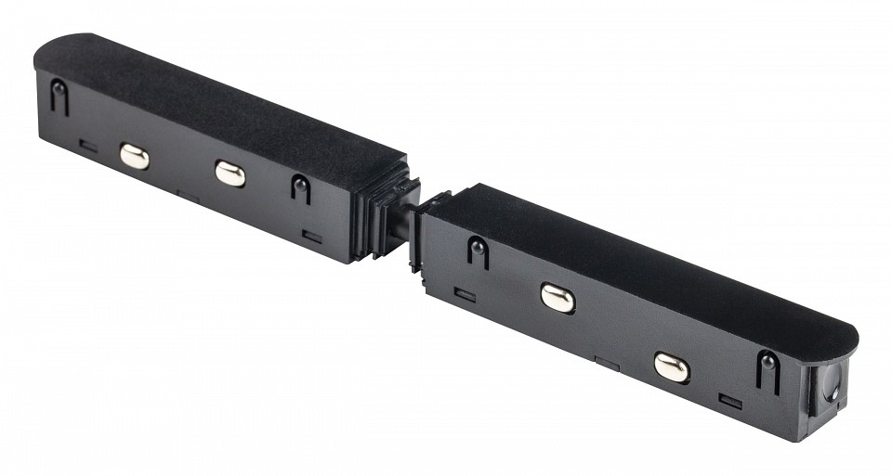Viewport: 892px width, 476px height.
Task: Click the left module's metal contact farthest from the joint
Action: click(135, 156)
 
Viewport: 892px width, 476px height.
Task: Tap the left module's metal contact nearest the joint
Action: click(230, 174)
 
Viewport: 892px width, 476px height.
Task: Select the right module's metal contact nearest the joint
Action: click(557, 298)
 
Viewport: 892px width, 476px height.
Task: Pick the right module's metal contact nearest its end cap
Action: click(672, 367)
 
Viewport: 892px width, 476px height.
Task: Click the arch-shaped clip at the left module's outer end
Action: click(59, 96)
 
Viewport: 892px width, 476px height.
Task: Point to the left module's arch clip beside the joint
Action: click(300, 187)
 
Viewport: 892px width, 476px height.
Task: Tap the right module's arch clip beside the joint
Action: click(477, 251)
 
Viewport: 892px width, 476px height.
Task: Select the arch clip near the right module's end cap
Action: click(767, 370)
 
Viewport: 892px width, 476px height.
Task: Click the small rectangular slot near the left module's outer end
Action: click(88, 146)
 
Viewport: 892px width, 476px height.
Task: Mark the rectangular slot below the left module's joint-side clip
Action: click(312, 237)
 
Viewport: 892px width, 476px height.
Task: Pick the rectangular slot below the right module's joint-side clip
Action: click(464, 294)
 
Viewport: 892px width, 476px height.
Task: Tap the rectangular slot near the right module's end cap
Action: click(731, 402)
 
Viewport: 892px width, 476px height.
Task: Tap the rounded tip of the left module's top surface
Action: click(51, 51)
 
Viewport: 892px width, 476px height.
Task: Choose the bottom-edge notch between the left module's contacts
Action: click(189, 197)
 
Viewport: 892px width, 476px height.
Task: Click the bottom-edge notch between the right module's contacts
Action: click(608, 364)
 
